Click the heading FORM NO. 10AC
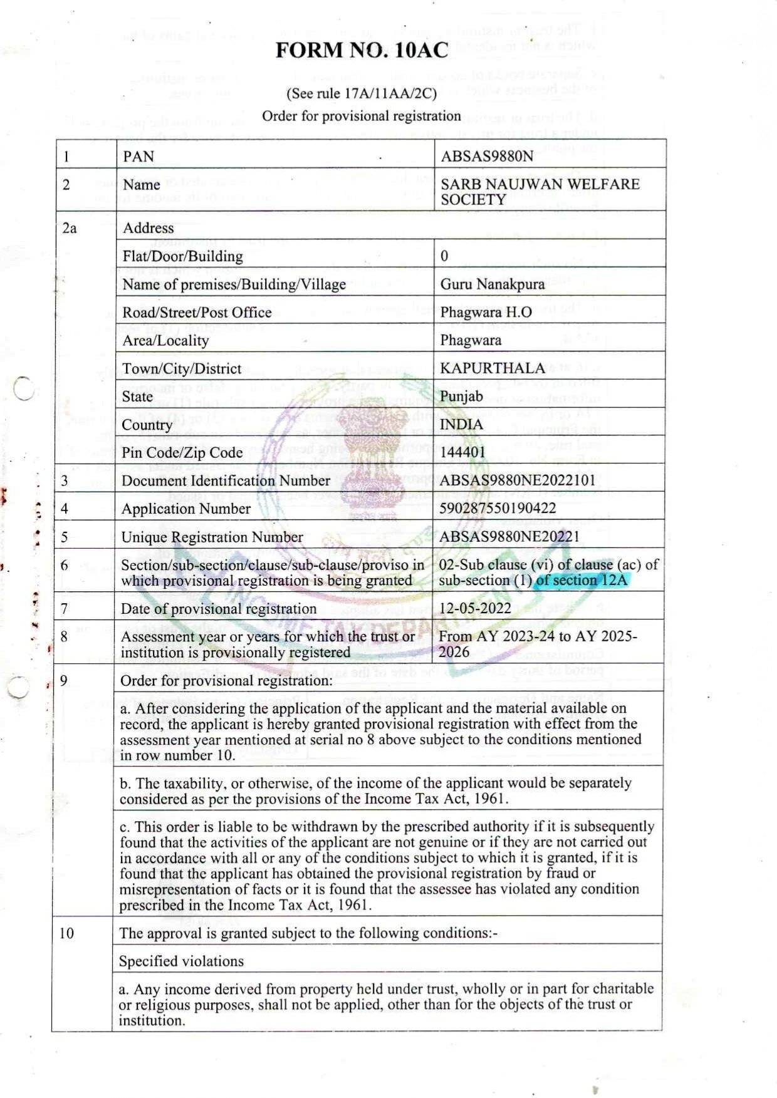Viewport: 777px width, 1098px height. click(362, 50)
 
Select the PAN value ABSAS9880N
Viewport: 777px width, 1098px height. click(486, 156)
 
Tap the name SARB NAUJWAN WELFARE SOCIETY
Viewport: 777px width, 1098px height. click(540, 192)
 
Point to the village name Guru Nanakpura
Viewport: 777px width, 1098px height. click(493, 284)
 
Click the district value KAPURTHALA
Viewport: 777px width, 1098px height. click(493, 368)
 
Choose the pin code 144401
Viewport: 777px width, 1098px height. click(462, 452)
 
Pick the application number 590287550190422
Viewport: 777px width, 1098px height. click(498, 508)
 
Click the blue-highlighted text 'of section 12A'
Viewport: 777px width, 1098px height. click(581, 580)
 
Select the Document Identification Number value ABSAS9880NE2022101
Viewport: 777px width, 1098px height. click(517, 480)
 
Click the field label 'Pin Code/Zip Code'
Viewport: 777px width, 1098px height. click(182, 452)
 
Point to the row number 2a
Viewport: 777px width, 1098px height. click(70, 228)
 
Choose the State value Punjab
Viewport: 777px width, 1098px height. click(461, 396)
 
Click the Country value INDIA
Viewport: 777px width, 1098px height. click(461, 424)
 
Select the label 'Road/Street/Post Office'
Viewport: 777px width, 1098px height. click(197, 312)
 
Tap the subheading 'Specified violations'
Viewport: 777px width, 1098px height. click(181, 961)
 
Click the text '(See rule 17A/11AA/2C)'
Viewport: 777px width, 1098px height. click(362, 94)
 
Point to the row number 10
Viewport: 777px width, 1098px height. click(66, 933)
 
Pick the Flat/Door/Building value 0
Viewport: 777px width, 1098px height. click(444, 256)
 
